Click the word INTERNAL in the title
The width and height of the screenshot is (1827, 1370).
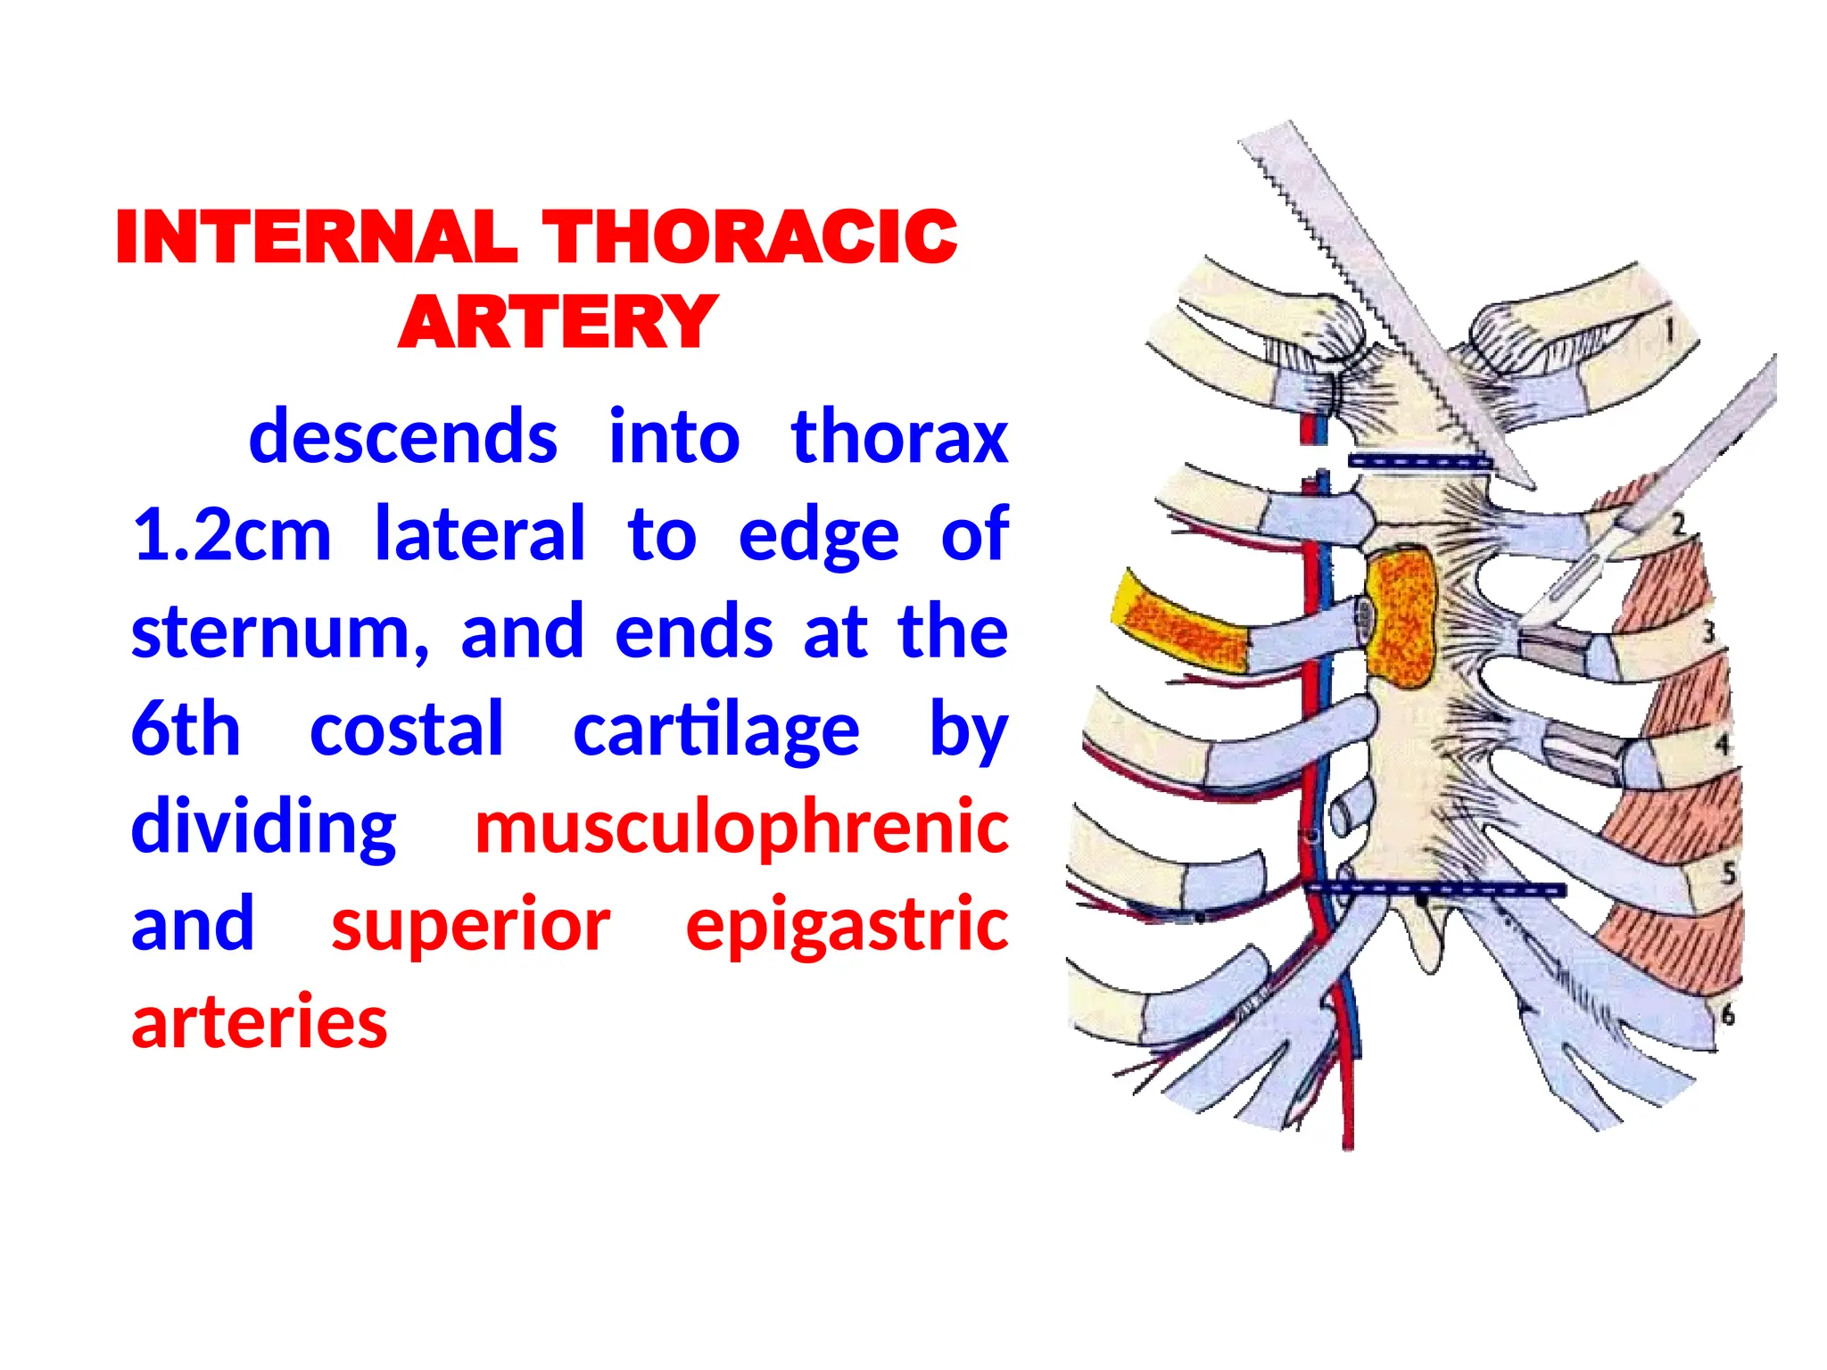316,237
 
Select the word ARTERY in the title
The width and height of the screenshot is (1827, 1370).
558,323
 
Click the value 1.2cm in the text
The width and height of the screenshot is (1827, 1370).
232,535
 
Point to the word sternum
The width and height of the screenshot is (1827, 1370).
278,632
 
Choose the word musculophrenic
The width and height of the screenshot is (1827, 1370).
741,827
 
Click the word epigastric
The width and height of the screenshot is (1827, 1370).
847,925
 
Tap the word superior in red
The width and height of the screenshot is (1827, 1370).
471,925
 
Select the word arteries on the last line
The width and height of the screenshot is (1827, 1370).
260,1022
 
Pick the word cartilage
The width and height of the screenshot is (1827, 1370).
715,730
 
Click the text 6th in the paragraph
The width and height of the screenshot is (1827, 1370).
186,730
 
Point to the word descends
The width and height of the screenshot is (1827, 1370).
403,438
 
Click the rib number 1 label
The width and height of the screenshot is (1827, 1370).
1669,331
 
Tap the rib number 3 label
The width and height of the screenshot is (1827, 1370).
1707,632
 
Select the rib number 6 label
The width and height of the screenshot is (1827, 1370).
1727,1014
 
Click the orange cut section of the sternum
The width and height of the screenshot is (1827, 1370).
1401,617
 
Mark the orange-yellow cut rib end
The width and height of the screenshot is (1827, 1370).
1180,621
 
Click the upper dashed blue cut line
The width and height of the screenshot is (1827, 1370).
1418,462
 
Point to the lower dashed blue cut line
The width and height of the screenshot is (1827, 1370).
1436,889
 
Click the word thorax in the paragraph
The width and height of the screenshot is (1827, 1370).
899,438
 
